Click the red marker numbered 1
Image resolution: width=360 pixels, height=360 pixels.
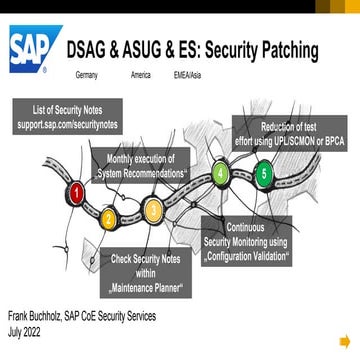[x=76, y=189]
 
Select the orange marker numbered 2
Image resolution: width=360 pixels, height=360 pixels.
[x=109, y=217]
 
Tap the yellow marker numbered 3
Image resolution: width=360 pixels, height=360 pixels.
[x=153, y=210]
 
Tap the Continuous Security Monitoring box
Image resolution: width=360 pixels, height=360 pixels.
[x=246, y=240]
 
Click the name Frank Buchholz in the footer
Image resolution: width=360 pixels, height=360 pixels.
[x=35, y=317]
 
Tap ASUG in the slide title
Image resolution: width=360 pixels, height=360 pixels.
[x=142, y=50]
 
